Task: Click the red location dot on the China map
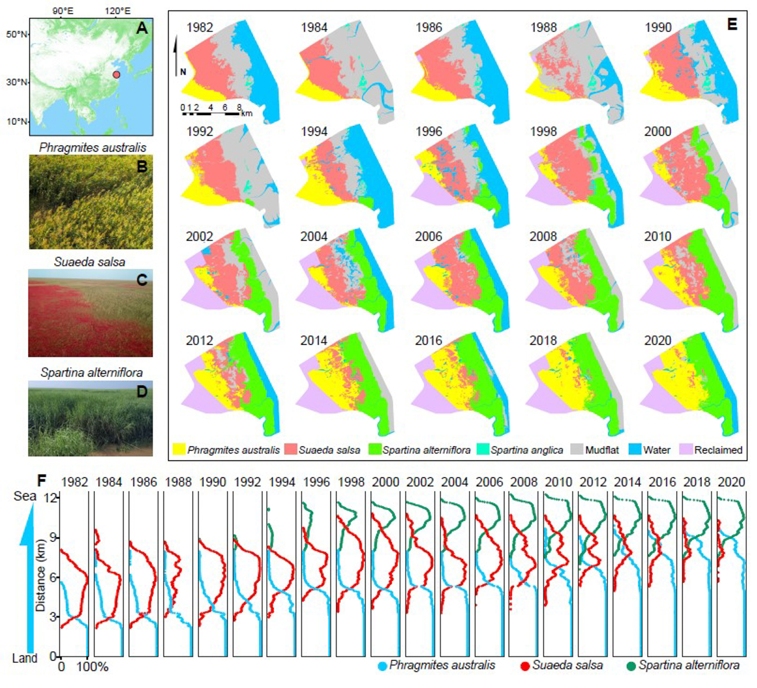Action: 117,74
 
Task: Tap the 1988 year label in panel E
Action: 543,27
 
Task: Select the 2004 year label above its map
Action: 314,236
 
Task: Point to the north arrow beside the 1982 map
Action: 177,54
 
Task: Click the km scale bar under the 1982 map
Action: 211,113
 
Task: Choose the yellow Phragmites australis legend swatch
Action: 179,450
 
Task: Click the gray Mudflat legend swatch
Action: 577,450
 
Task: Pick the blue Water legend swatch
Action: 635,450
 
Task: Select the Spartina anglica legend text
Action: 527,450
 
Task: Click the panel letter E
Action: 732,24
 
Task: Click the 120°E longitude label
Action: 118,10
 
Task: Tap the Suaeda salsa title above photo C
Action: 90,262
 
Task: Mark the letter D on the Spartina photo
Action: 141,392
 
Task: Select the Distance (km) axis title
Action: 41,575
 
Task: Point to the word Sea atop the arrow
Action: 25,496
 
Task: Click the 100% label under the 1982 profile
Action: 92,667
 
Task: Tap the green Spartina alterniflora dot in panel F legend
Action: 631,666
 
